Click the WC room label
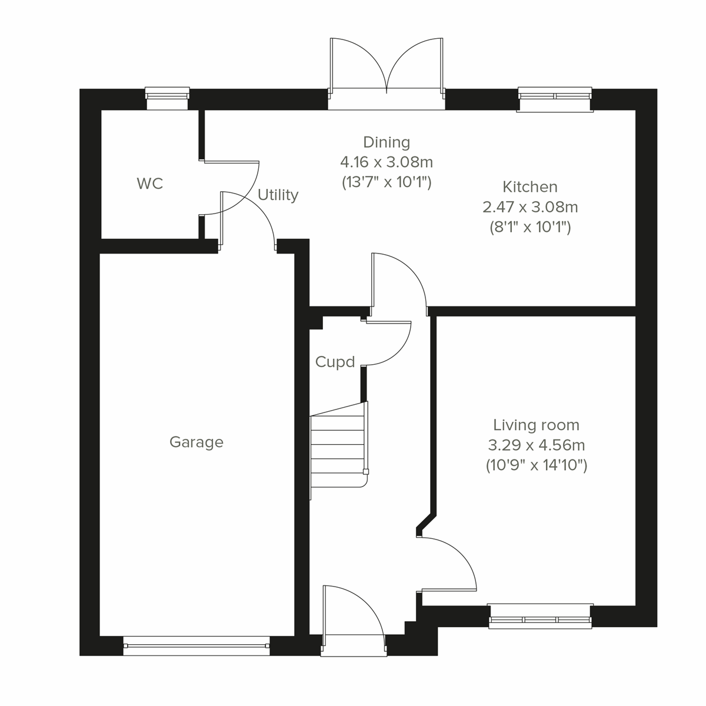(149, 184)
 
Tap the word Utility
(278, 195)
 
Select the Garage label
(196, 442)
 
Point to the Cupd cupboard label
(335, 362)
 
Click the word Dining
(387, 142)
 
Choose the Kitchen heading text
(529, 187)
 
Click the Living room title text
(536, 425)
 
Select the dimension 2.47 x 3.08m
(529, 207)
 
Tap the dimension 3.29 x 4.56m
(536, 445)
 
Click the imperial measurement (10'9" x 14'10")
(536, 465)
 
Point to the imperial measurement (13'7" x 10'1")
(387, 182)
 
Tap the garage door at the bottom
(197, 645)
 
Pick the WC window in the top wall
(167, 98)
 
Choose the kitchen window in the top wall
(554, 99)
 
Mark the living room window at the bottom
(540, 617)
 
